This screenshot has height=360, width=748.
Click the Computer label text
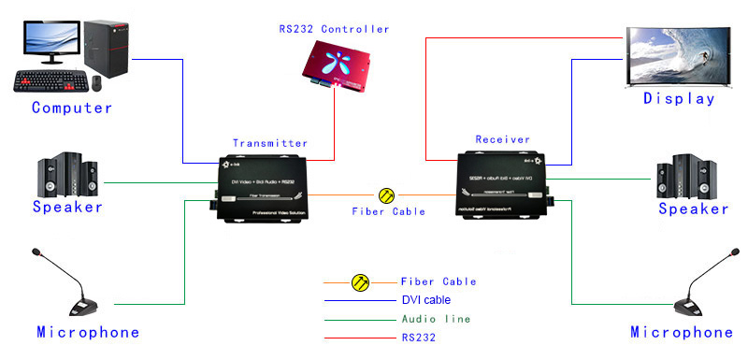tap(72, 108)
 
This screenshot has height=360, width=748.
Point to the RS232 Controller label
tap(334, 29)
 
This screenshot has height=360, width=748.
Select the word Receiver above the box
tap(503, 139)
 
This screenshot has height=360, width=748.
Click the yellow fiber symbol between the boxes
tap(387, 195)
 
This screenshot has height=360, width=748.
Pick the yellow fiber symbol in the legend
tap(359, 281)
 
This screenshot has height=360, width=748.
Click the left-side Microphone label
tap(88, 332)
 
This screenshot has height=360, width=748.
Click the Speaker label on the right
tap(693, 209)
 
